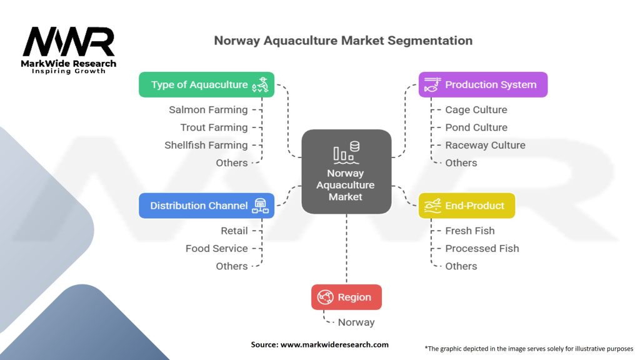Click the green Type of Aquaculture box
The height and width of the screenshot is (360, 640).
click(206, 84)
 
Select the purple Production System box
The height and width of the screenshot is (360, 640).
click(482, 84)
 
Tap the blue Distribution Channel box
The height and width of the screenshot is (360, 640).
click(206, 206)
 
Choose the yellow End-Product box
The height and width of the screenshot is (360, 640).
click(466, 206)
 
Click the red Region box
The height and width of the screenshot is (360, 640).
click(346, 297)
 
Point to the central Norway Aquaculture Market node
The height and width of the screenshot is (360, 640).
click(346, 172)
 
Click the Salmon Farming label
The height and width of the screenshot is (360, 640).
click(208, 110)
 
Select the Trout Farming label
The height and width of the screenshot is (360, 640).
click(214, 127)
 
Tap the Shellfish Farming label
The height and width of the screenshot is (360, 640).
click(206, 145)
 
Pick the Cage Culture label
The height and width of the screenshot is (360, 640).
click(476, 110)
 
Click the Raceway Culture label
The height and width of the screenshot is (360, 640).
click(485, 145)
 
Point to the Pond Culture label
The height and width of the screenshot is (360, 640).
click(476, 127)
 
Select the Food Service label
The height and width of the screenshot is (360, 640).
click(216, 249)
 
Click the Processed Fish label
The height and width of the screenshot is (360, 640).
click(482, 249)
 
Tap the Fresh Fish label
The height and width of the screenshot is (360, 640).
click(469, 231)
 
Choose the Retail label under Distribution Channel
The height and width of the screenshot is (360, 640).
click(234, 231)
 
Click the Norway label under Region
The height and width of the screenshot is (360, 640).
click(356, 322)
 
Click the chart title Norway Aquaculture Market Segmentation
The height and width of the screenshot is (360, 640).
click(343, 41)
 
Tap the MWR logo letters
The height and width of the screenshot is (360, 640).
click(69, 42)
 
